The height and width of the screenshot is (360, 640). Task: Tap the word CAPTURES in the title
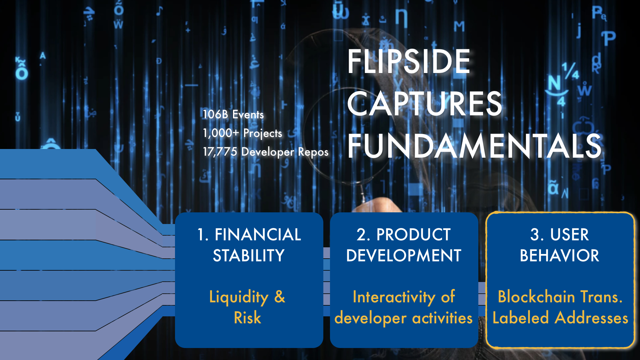tap(424, 104)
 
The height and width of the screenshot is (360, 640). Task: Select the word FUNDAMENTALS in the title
tap(474, 146)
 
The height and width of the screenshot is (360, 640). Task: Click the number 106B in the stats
tap(216, 114)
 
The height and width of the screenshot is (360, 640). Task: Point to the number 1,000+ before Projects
tap(221, 133)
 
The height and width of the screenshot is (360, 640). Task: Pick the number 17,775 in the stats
tap(220, 152)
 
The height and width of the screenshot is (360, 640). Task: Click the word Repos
tap(313, 152)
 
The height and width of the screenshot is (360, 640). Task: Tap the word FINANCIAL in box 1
tap(258, 234)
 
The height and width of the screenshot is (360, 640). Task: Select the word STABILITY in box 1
tap(249, 256)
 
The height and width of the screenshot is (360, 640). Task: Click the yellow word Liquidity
tap(239, 297)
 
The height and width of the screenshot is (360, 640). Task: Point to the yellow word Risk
tap(247, 317)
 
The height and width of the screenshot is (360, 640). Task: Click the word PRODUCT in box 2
tap(413, 234)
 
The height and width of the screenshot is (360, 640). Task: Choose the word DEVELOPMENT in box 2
tap(404, 256)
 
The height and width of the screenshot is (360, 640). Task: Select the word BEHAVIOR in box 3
tap(560, 256)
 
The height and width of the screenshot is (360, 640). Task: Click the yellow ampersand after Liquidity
tap(280, 296)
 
